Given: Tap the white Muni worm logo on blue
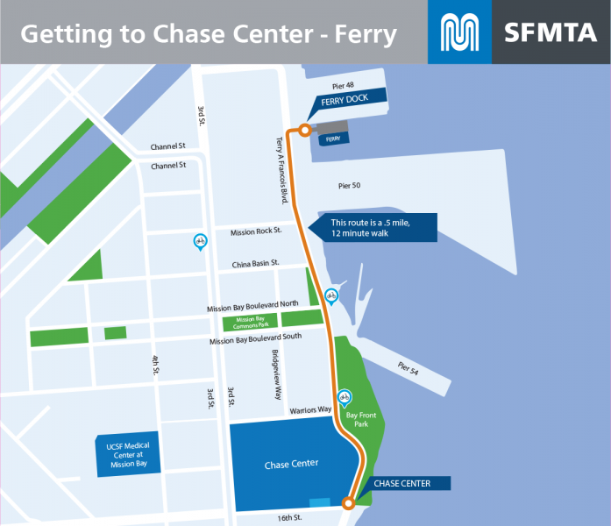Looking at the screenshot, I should [459, 32].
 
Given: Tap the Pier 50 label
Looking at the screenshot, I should [350, 186].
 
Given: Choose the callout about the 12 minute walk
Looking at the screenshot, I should [377, 228].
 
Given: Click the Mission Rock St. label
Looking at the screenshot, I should [256, 232].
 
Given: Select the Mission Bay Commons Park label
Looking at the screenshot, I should [250, 322].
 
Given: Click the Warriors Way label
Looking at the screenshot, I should [309, 410].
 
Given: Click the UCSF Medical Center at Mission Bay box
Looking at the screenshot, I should [128, 456].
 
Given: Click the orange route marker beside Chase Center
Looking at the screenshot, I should [348, 503].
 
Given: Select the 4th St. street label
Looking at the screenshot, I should [155, 365].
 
